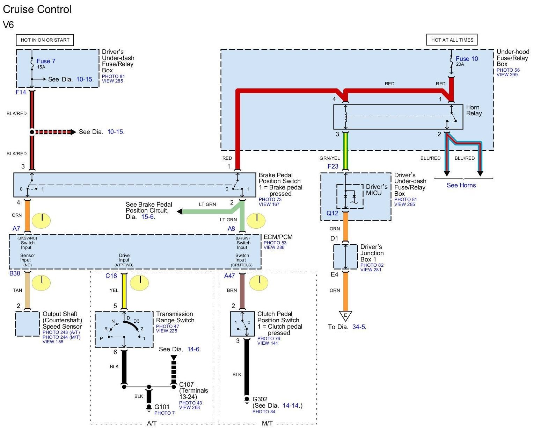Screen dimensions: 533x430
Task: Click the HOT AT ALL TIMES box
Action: pyautogui.click(x=452, y=40)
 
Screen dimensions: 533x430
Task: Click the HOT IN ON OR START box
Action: pyautogui.click(x=45, y=40)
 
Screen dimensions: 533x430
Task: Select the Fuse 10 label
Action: pyautogui.click(x=467, y=58)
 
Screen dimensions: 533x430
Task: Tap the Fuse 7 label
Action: pyautogui.click(x=46, y=61)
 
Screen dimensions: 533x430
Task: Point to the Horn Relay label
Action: pyautogui.click(x=474, y=110)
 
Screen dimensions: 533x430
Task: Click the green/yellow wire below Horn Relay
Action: pyautogui.click(x=345, y=151)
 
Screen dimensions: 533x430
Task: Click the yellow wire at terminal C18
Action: pyautogui.click(x=124, y=291)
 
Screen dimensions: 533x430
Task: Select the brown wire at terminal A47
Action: pyautogui.click(x=242, y=291)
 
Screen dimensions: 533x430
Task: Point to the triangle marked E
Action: pyautogui.click(x=345, y=316)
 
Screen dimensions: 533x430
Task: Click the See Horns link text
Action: pyautogui.click(x=461, y=185)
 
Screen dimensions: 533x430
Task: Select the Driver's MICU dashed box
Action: pyautogui.click(x=350, y=196)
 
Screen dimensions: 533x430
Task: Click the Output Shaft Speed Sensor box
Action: pyautogui.click(x=28, y=324)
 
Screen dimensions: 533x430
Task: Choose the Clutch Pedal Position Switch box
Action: pyautogui.click(x=242, y=324)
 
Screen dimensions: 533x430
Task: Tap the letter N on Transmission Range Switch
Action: pyautogui.click(x=113, y=321)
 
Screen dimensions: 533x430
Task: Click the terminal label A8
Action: pyautogui.click(x=231, y=228)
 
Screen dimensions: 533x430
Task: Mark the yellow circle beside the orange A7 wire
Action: pyautogui.click(x=41, y=220)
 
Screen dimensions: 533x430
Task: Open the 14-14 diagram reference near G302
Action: pyautogui.click(x=291, y=406)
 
